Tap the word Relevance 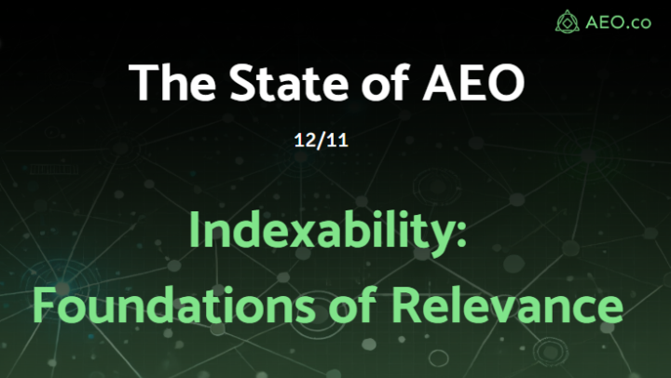pyautogui.click(x=506, y=303)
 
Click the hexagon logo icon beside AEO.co pyautogui.click(x=567, y=20)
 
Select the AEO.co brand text pyautogui.click(x=616, y=20)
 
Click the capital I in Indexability pyautogui.click(x=195, y=230)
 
